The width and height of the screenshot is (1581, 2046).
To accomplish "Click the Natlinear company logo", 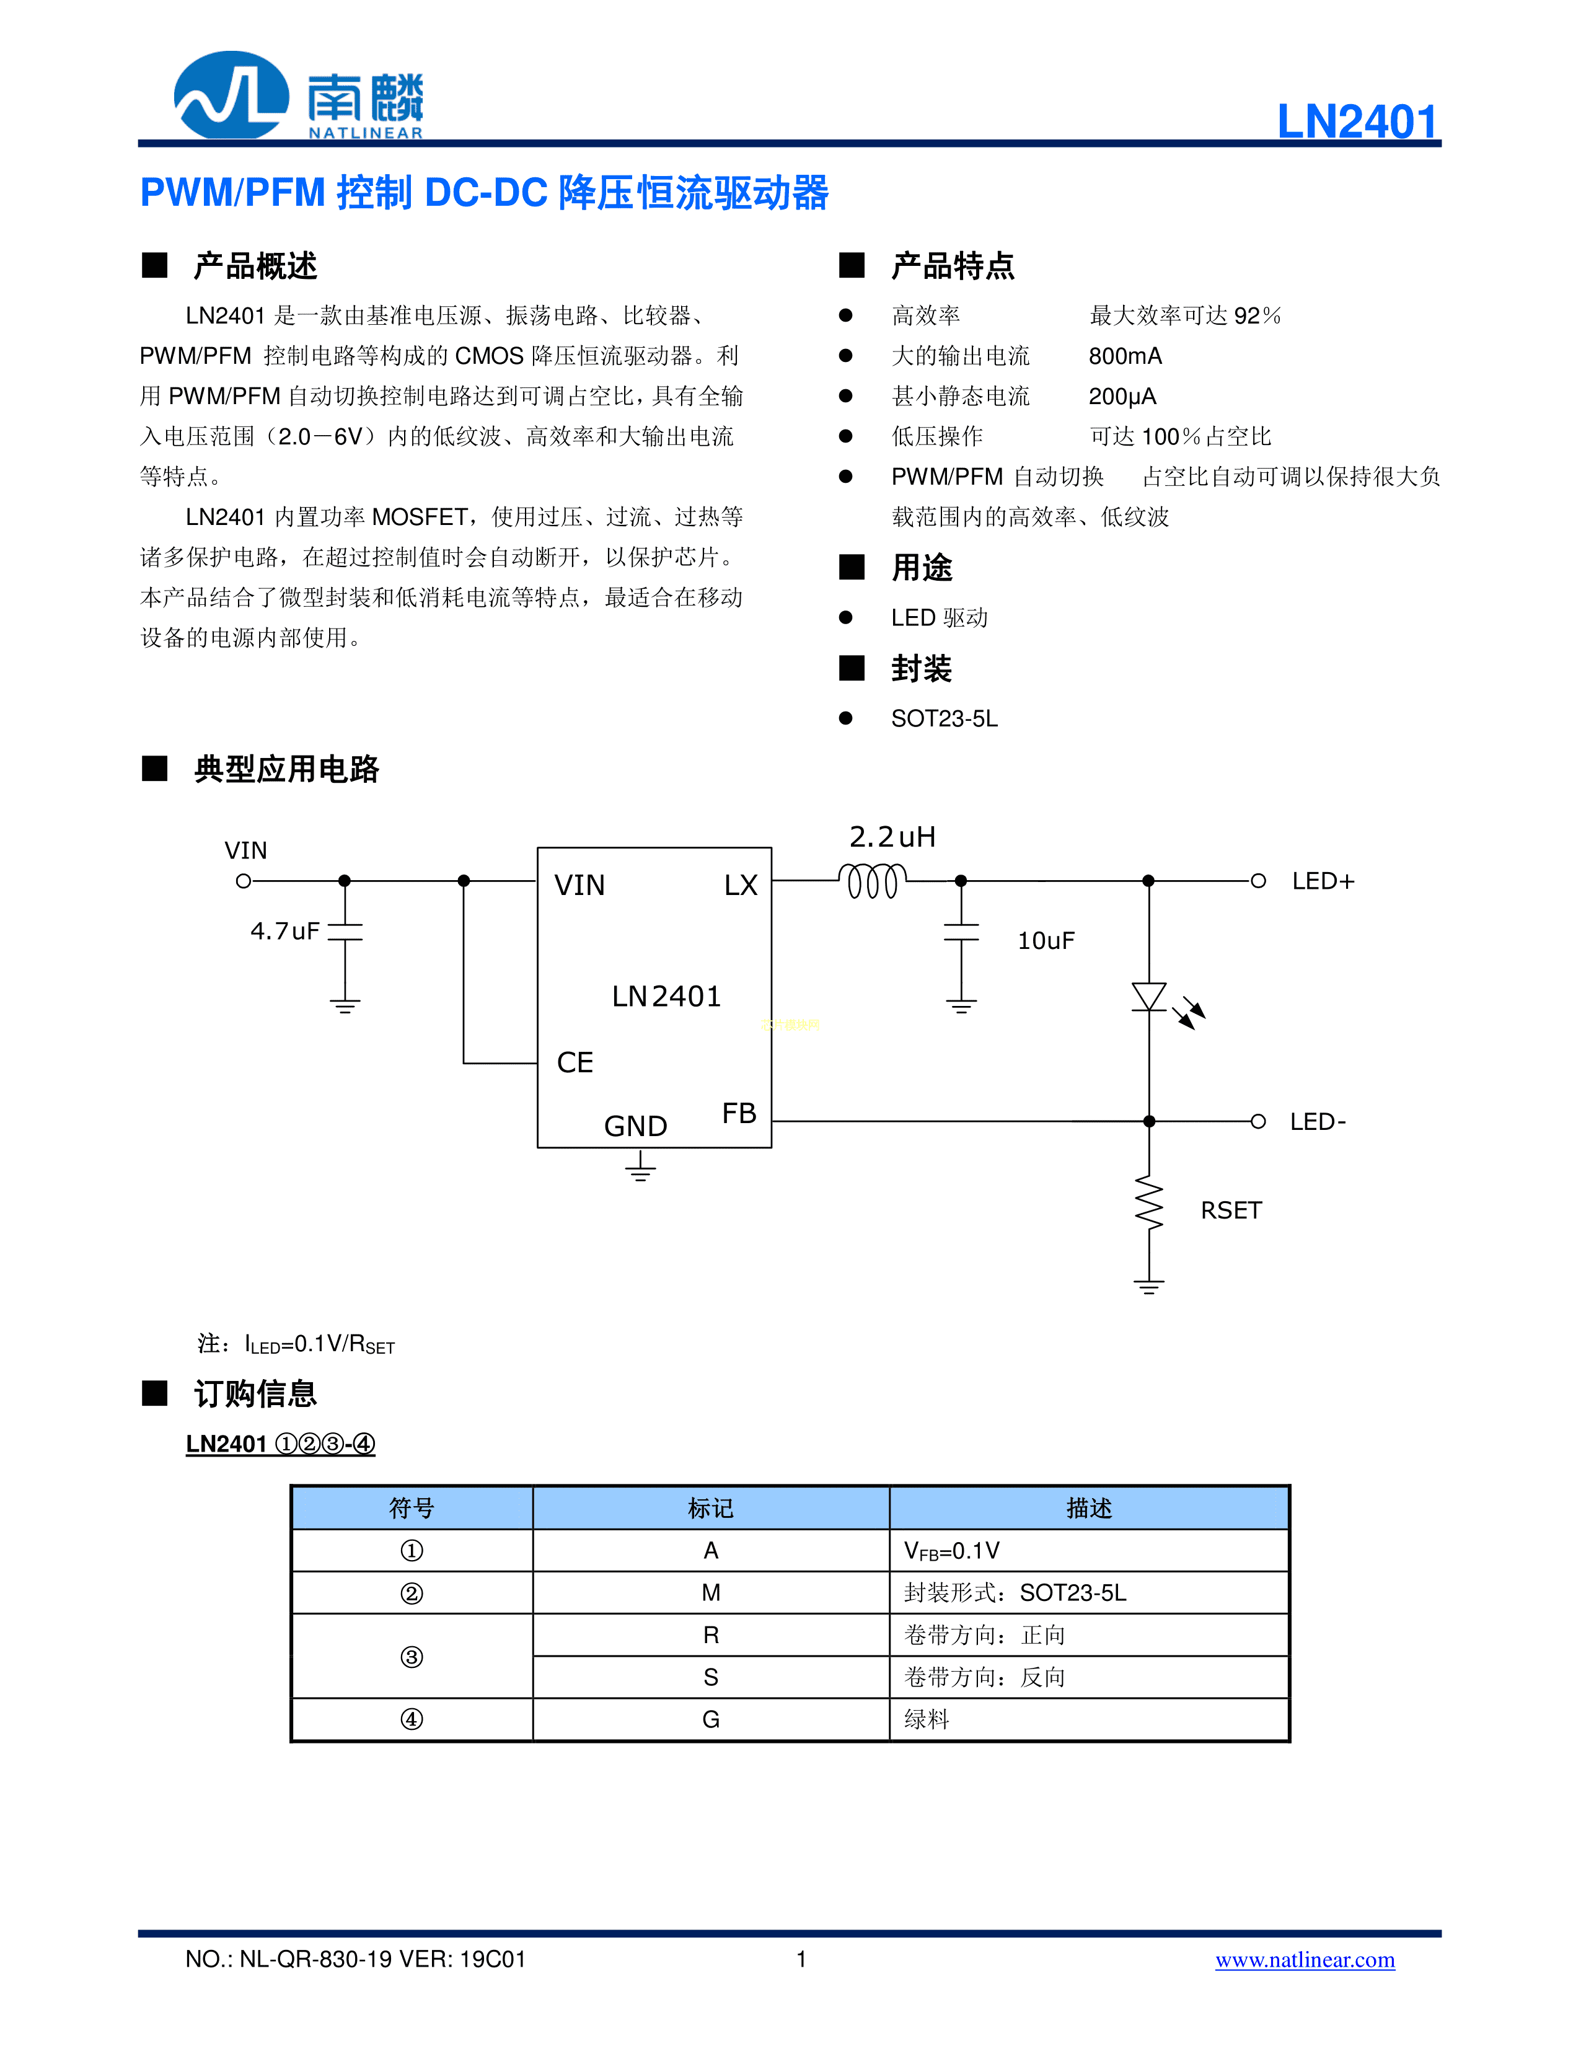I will pos(298,95).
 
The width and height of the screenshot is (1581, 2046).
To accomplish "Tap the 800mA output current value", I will pos(1125,356).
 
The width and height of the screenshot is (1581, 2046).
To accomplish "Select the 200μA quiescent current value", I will pos(1122,396).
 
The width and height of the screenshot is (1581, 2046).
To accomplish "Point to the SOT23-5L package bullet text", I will pos(944,718).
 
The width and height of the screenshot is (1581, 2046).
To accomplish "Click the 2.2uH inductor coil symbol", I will pos(872,881).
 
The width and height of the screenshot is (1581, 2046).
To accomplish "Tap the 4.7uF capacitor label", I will pos(284,931).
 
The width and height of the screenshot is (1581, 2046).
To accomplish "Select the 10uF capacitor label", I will pos(1046,940).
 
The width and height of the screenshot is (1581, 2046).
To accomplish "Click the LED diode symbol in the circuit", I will pos(1149,997).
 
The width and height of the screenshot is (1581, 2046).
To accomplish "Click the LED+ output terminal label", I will pos(1323,881).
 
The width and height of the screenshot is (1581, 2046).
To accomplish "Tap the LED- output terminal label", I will pos(1317,1121).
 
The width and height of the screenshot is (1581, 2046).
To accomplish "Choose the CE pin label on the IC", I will pos(575,1062).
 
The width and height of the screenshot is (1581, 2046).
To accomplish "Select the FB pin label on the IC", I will pos(739,1113).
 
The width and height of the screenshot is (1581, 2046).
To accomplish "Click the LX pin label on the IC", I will pos(740,885).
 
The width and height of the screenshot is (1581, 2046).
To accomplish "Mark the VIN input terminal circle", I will pos(244,881).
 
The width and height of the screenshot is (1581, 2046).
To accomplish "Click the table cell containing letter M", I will pos(711,1592).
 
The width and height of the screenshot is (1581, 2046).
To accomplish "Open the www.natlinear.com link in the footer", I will pos(1305,1960).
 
